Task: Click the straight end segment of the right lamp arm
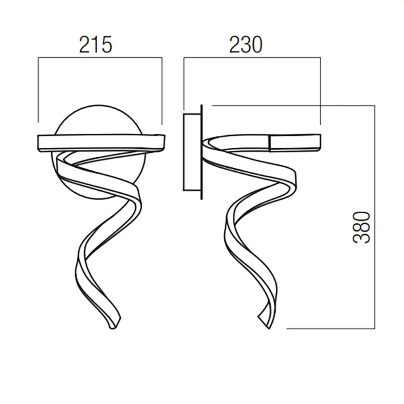tap(295, 142)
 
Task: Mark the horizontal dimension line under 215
tap(100, 58)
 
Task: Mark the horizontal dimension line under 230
tap(252, 58)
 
